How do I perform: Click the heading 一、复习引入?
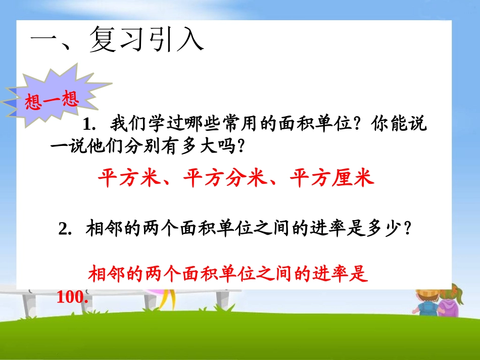(117, 40)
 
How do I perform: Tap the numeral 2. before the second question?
(65, 229)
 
